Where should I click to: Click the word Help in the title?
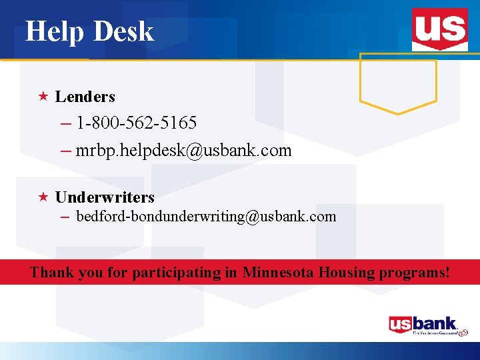click(53, 31)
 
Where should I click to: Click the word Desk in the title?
click(124, 31)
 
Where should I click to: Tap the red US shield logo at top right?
click(439, 29)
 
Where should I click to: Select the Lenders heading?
click(85, 97)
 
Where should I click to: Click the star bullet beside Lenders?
click(43, 97)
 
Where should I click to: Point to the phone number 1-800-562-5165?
click(136, 123)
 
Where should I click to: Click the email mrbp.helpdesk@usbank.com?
click(183, 151)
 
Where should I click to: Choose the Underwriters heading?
click(105, 197)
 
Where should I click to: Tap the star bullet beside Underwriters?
click(43, 197)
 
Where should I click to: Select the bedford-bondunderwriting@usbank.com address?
click(206, 217)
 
